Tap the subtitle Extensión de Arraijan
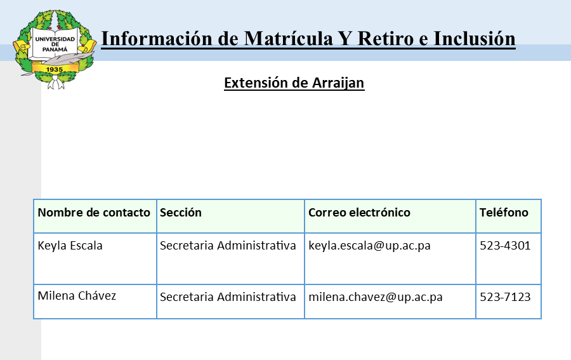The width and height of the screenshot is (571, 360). (294, 83)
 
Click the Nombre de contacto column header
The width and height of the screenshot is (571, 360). (94, 213)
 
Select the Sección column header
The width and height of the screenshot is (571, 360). (181, 213)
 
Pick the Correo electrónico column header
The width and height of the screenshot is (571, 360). (359, 213)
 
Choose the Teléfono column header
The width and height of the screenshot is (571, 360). (504, 213)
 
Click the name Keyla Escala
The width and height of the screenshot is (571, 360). (70, 246)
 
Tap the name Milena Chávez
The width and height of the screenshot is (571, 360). (77, 296)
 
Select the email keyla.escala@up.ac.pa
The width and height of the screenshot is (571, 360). (369, 246)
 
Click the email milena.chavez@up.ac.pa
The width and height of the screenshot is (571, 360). (376, 297)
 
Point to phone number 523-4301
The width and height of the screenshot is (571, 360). (505, 246)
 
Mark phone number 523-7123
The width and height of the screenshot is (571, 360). (505, 297)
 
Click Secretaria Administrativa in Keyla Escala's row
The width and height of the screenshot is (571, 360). (228, 246)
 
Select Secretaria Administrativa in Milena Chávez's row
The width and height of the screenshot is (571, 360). (228, 297)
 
